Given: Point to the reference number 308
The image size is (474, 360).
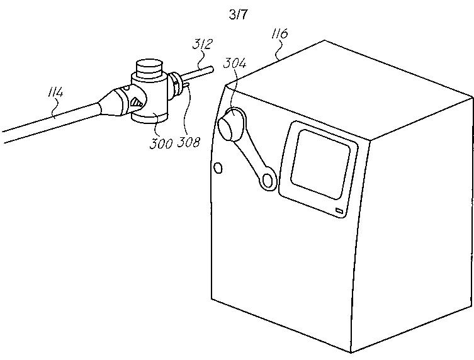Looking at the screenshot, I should point(189,142).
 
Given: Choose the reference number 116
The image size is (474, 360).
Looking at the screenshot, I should point(280,32).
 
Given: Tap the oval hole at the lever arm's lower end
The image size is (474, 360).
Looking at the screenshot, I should point(269,181).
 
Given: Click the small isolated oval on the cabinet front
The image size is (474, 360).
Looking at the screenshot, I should point(218,167).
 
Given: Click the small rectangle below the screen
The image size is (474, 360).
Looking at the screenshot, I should point(339,212).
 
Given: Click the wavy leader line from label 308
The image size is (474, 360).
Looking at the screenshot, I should point(184,114).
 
